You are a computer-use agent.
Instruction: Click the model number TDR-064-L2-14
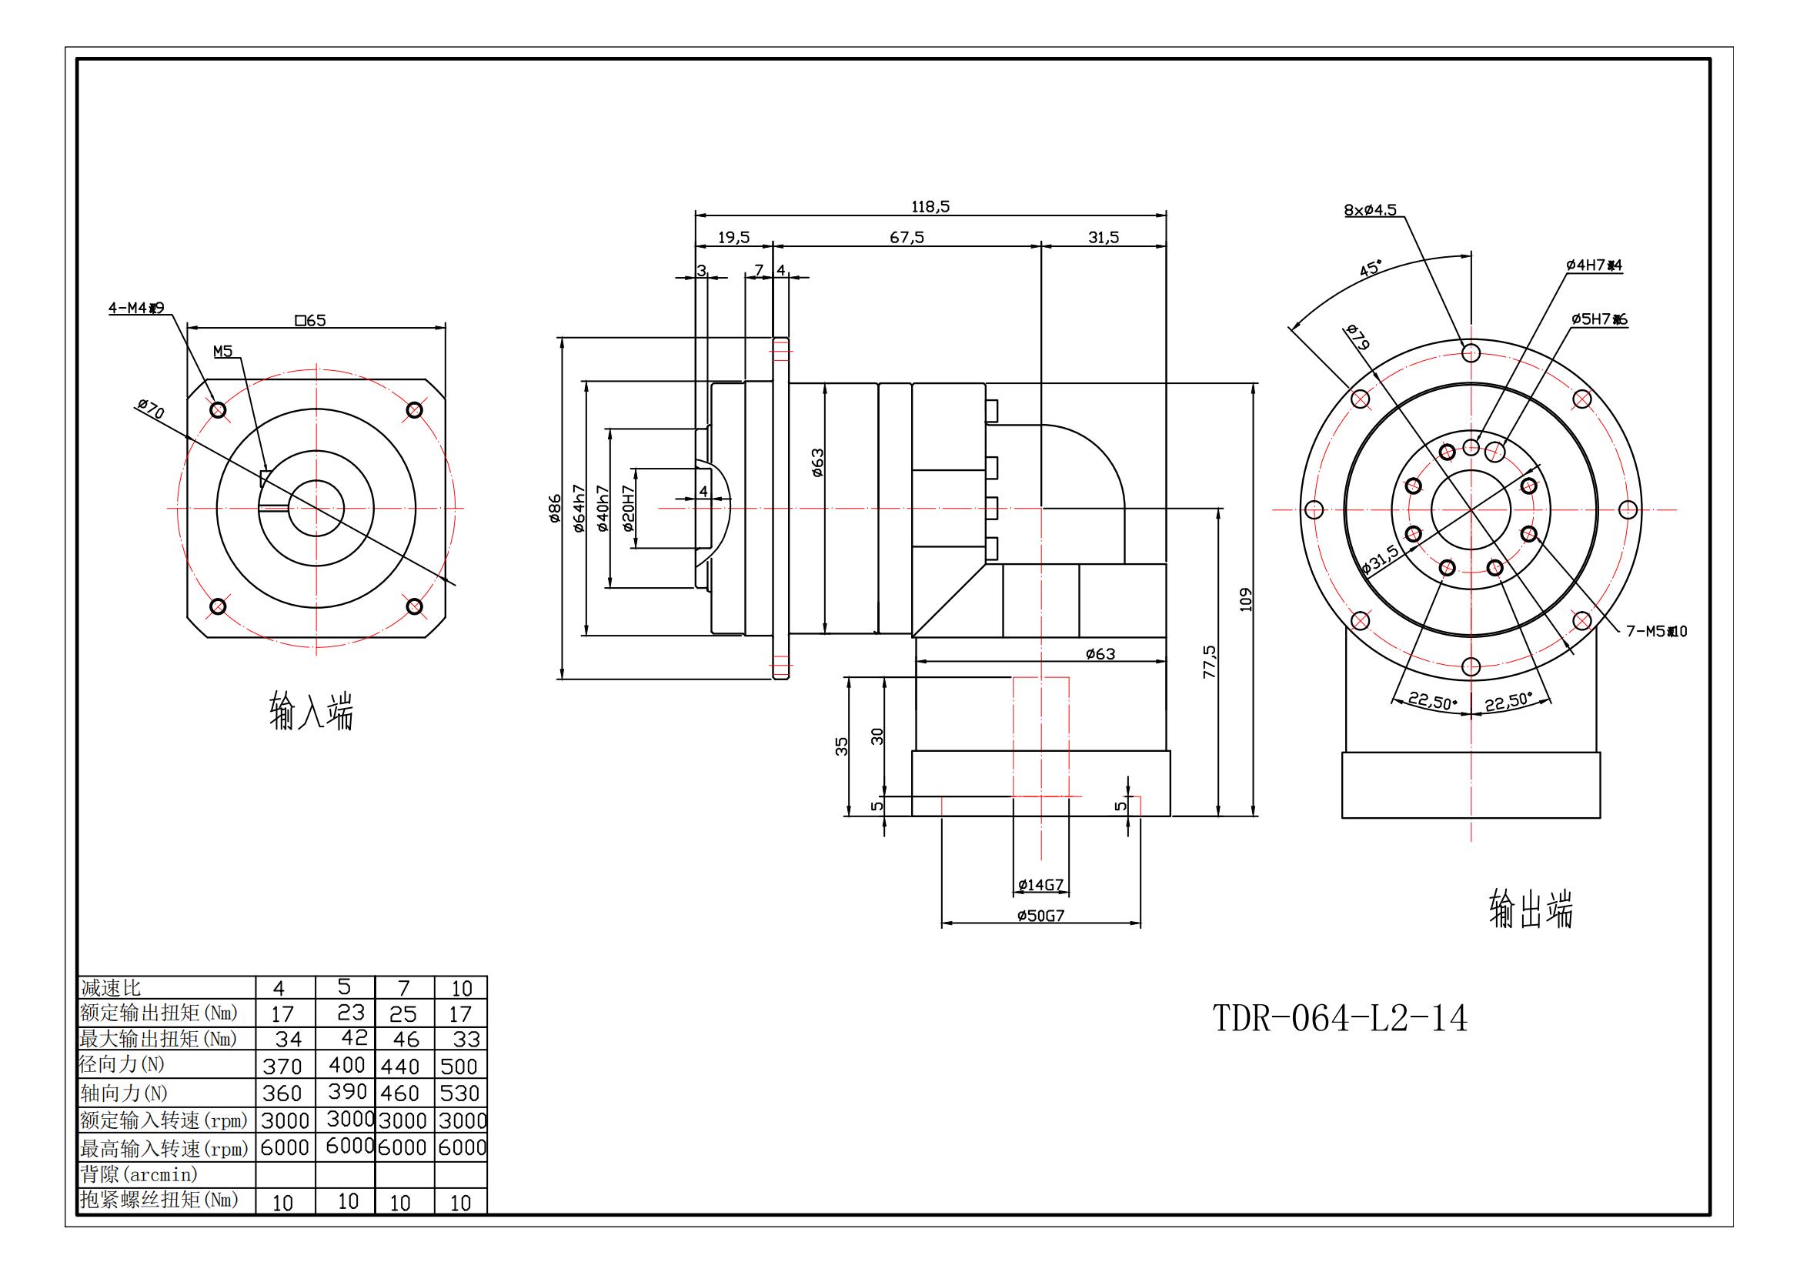coord(1340,1019)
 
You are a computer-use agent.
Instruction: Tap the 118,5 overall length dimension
coord(930,207)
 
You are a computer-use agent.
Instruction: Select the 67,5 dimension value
coord(907,238)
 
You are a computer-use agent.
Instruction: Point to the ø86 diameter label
coord(555,509)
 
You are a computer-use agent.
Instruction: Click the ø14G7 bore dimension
coord(1040,885)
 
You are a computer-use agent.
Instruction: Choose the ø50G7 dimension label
coord(1040,916)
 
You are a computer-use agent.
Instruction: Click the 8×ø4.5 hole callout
coord(1370,210)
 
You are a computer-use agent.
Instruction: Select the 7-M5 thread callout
coord(1656,631)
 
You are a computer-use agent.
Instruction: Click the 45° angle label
coord(1371,269)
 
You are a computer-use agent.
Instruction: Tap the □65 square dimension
coord(310,321)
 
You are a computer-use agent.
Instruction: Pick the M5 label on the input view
coord(223,352)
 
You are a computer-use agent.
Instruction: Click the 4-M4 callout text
coord(135,308)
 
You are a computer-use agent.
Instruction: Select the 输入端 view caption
coord(311,712)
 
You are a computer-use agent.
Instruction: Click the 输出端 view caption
coord(1531,909)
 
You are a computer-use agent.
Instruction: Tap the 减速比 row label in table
coord(112,987)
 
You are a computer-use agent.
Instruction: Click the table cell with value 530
coord(460,1093)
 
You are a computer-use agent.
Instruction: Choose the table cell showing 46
coord(404,1040)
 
